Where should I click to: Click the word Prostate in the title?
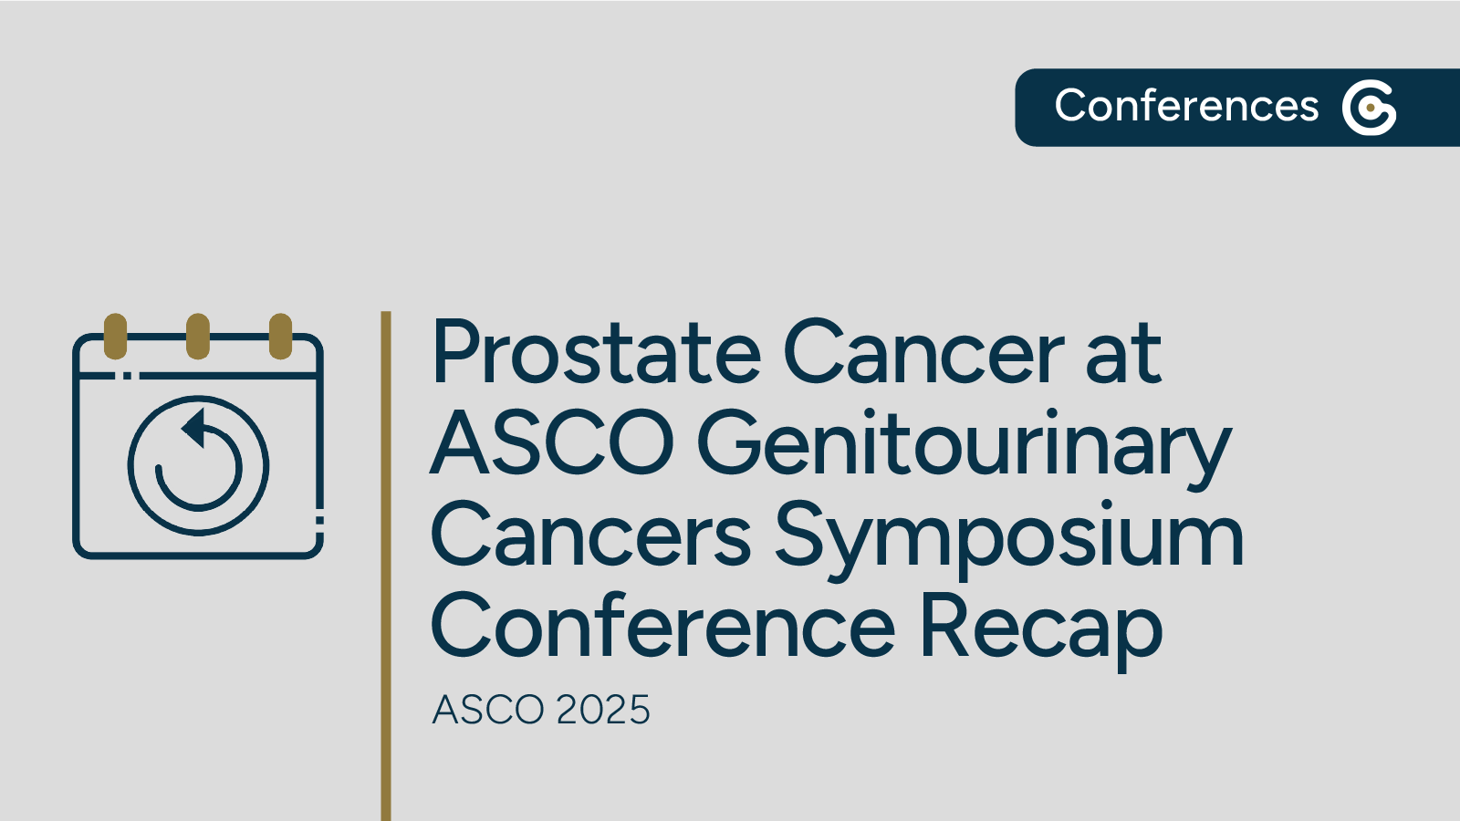coord(595,354)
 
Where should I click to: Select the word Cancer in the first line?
coord(923,354)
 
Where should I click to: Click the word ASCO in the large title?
coord(551,443)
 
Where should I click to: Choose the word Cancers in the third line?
coord(590,536)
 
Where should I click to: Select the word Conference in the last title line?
coord(662,626)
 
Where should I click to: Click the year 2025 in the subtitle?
coord(603,710)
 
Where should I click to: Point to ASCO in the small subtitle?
coord(488,710)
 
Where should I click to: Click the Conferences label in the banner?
coord(1186,106)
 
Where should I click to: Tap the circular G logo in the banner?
coord(1369,108)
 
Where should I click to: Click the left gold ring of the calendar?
coord(116,336)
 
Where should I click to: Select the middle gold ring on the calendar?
coord(198,336)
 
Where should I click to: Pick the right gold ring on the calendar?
coord(280,336)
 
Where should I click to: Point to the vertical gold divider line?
coord(386,566)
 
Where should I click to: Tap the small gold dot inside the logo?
coord(1371,109)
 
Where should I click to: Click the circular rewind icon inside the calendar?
coord(198,465)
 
